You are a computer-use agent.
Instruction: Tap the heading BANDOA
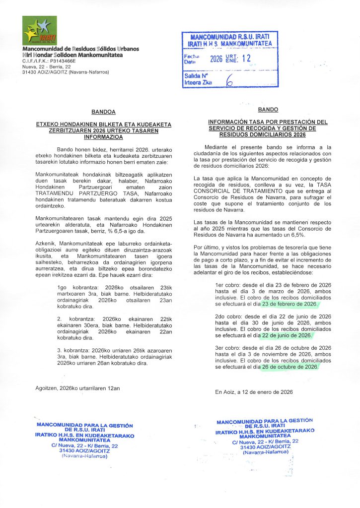pyautogui.click(x=104, y=112)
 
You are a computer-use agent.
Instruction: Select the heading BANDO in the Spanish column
pyautogui.click(x=268, y=109)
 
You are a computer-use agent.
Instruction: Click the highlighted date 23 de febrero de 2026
pyautogui.click(x=289, y=304)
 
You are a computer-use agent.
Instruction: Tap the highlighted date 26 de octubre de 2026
pyautogui.click(x=290, y=367)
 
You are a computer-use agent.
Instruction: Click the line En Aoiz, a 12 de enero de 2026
pyautogui.click(x=254, y=392)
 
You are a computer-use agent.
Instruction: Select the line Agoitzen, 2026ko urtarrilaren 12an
pyautogui.click(x=78, y=387)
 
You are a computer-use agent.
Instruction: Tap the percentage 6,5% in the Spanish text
pyautogui.click(x=310, y=231)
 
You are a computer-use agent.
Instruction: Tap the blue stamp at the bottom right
pyautogui.click(x=265, y=437)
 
